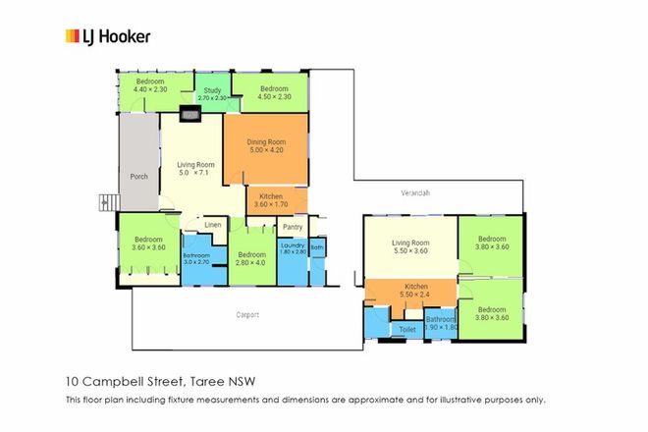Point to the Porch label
[x=138, y=177]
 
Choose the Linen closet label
[x=212, y=225]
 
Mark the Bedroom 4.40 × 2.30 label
[x=150, y=85]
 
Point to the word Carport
[x=247, y=315]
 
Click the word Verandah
[x=416, y=192]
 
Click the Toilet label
[x=407, y=329]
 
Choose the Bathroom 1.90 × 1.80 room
[x=440, y=323]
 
